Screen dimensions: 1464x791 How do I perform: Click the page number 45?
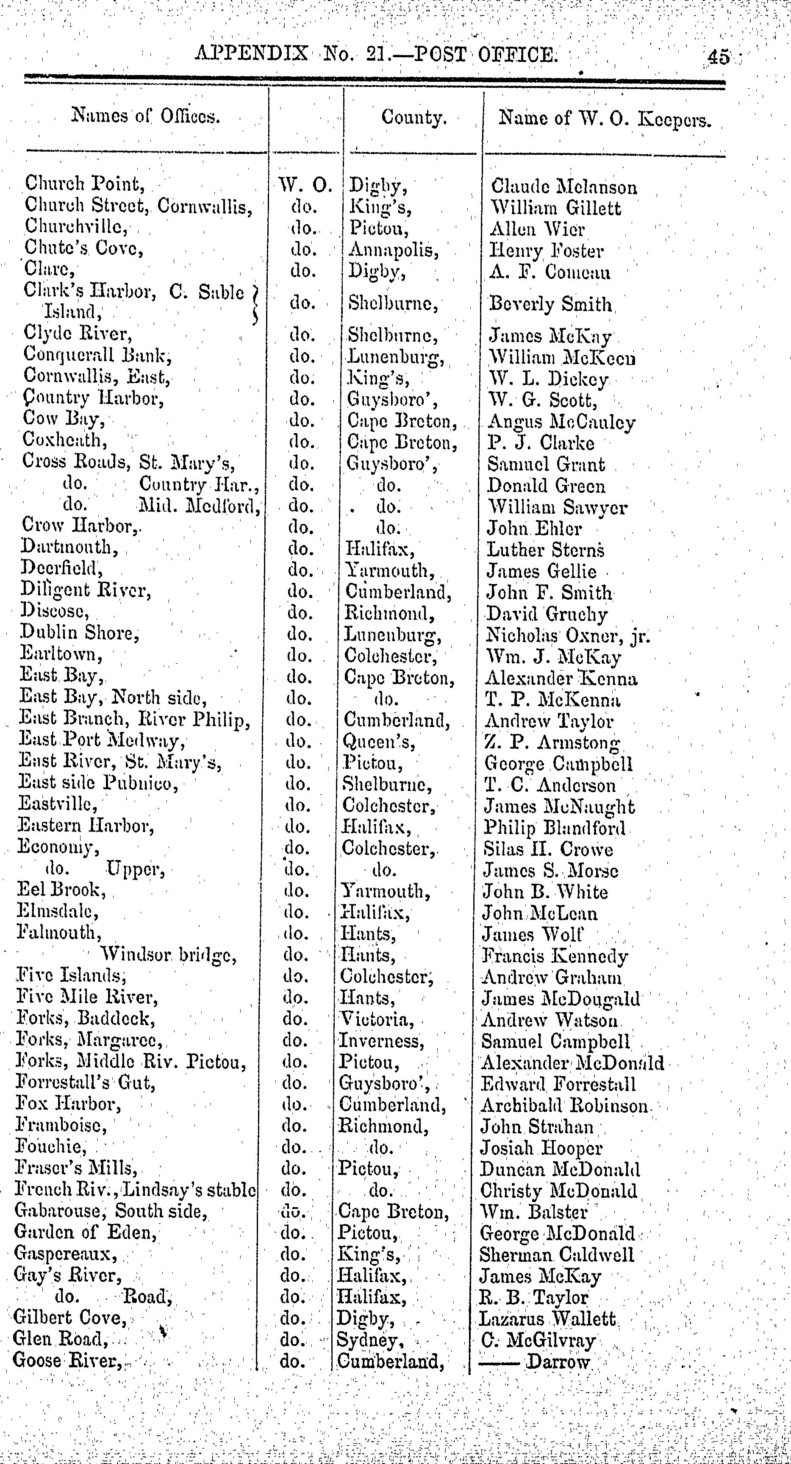coord(718,57)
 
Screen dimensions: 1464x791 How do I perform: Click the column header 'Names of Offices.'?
coord(145,116)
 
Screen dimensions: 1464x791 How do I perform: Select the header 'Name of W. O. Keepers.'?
coord(605,120)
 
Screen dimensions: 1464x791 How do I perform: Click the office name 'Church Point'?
coord(82,184)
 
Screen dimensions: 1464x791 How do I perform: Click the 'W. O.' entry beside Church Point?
coord(305,186)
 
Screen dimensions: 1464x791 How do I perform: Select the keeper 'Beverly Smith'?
coord(550,305)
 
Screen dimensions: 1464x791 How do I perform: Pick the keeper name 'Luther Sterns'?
coord(545,550)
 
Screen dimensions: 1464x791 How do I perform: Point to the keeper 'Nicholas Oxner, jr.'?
coord(567,635)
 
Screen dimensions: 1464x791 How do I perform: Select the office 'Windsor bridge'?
coord(168,955)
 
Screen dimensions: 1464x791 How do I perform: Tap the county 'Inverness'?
coord(381,1041)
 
